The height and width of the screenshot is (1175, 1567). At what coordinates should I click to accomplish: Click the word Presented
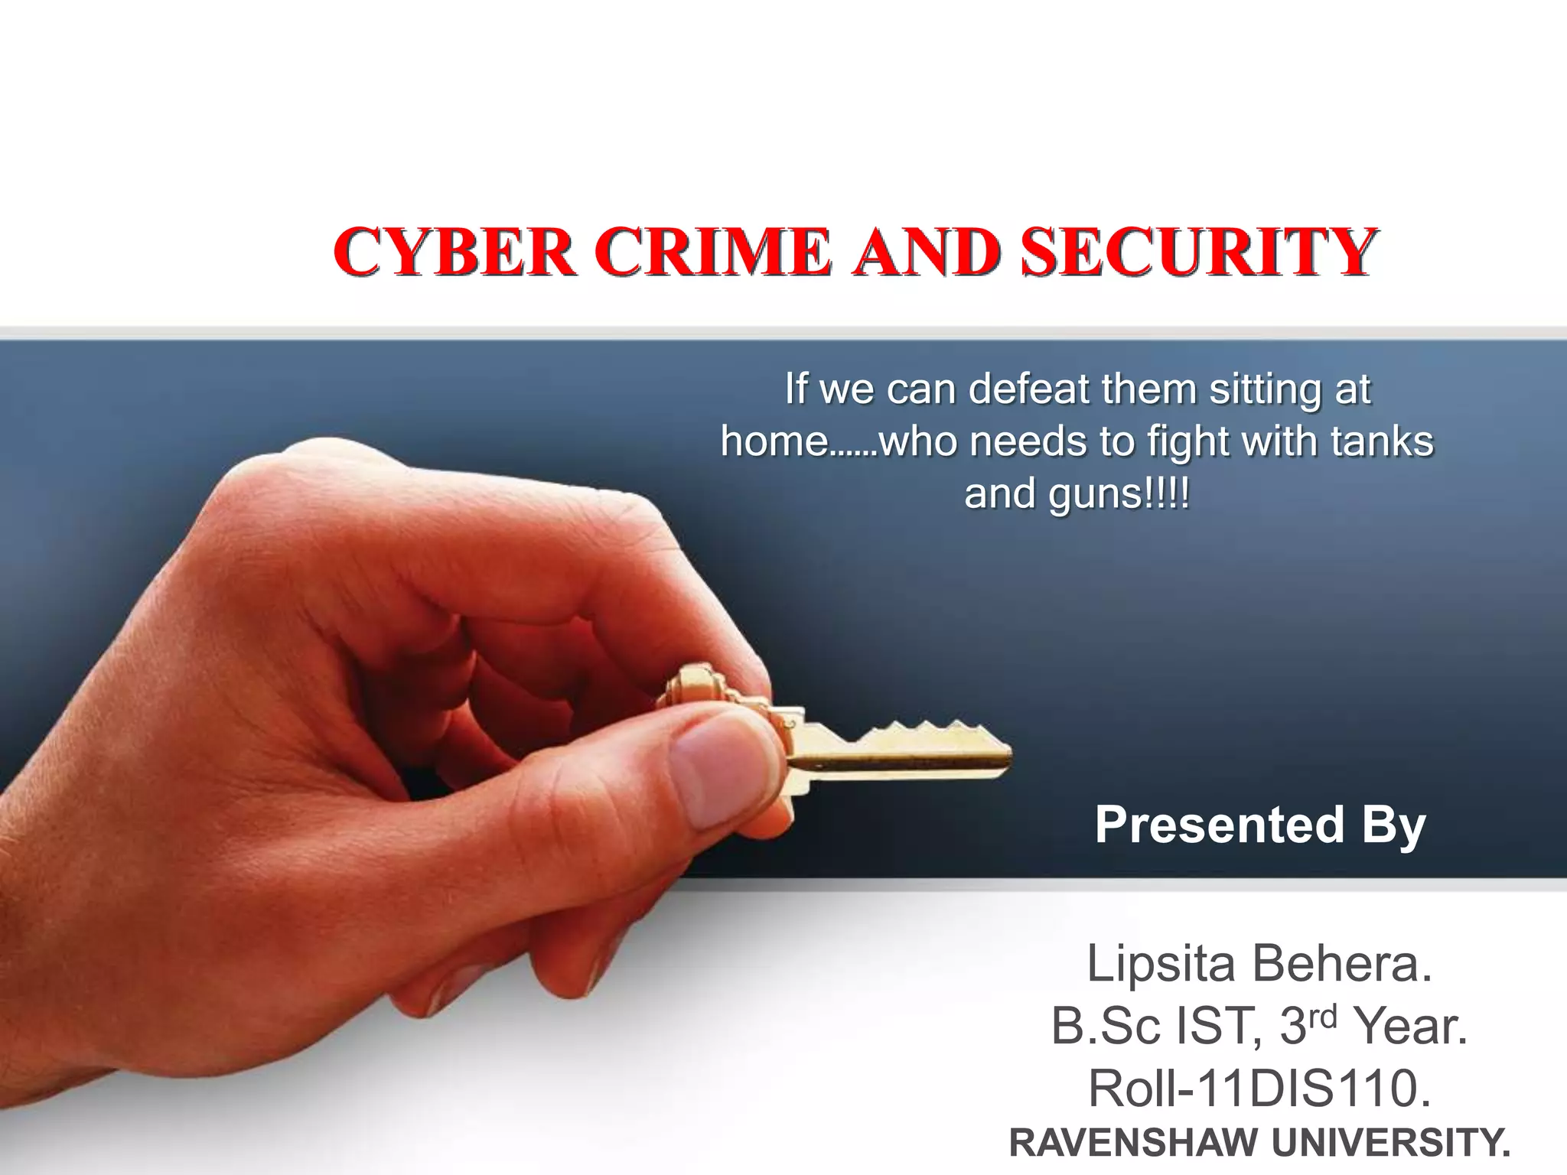[x=1220, y=825]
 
